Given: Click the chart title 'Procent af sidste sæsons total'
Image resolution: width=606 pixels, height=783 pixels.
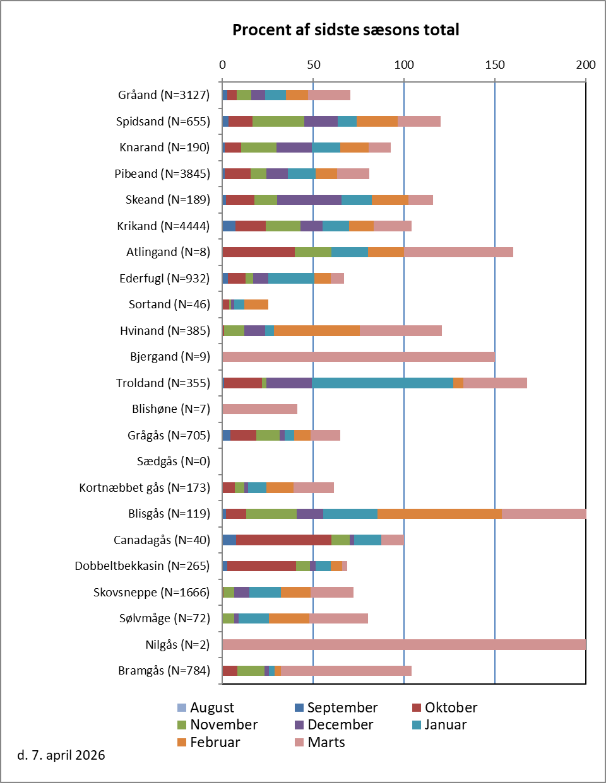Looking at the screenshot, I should (345, 30).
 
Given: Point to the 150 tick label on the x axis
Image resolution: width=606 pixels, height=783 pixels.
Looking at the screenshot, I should (495, 65).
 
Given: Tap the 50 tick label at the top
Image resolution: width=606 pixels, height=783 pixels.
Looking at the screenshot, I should (313, 65).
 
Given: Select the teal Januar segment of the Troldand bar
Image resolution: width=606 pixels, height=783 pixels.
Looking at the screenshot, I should (382, 383).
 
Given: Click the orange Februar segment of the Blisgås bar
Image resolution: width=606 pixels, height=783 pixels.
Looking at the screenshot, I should (439, 514).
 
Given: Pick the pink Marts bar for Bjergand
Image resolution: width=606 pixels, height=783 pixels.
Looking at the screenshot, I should (358, 357).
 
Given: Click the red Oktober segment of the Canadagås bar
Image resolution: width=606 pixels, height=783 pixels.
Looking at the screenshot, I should (283, 540).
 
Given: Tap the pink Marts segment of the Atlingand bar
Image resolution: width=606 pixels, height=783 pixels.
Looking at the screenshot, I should (458, 252).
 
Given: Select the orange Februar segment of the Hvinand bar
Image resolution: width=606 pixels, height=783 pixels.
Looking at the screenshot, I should (317, 330).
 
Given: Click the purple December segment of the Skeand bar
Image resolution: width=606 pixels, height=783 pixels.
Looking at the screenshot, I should (309, 200).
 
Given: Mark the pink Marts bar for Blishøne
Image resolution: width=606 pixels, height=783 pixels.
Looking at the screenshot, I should (259, 409).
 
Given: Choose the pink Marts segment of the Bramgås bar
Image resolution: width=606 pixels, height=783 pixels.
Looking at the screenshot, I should (346, 671).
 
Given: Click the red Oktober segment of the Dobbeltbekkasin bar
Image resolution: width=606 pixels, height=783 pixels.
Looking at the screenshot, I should (261, 566).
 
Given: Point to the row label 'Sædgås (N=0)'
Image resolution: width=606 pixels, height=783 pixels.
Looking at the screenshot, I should (174, 461).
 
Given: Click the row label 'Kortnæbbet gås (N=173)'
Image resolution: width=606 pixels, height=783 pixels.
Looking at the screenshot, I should (145, 487).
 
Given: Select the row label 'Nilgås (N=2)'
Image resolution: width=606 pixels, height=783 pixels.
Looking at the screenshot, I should (177, 644).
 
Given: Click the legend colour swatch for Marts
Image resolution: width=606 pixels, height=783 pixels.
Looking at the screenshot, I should (299, 743).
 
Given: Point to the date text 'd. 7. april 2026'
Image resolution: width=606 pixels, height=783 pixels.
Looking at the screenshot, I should (61, 755).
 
